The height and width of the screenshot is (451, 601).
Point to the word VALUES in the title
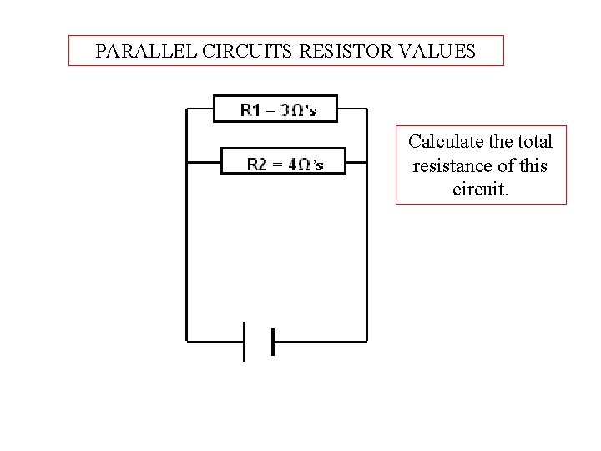click(437, 51)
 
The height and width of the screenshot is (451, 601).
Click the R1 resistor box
click(276, 109)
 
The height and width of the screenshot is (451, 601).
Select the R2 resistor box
click(283, 162)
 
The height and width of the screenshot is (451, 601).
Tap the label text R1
click(250, 109)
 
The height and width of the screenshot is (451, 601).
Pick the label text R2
click(257, 164)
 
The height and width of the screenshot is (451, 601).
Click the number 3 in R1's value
click(285, 109)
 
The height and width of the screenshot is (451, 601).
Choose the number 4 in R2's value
click(293, 164)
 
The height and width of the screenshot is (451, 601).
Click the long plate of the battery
click(245, 341)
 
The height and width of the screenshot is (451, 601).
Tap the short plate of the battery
click(272, 341)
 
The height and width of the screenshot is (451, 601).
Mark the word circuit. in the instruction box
click(480, 190)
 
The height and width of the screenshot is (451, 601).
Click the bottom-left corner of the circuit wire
click(186, 341)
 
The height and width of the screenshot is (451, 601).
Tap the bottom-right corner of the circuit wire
click(366, 341)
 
